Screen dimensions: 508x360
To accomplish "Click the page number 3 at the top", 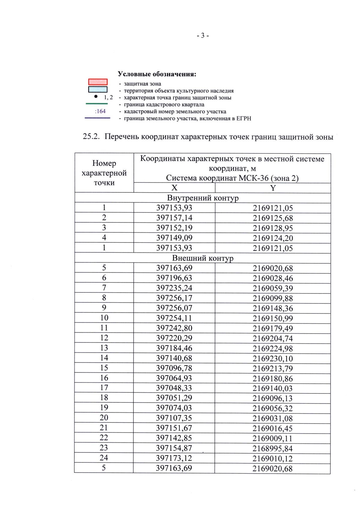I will point(203,36).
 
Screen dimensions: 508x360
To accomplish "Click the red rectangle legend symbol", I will point(98,82).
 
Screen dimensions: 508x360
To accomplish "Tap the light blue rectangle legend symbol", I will point(98,89).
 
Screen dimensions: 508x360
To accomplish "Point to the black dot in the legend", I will point(96,97).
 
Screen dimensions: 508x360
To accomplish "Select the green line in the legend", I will point(97,104).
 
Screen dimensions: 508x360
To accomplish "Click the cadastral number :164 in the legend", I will point(100,111).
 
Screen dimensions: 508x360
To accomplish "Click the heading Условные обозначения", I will point(157,74).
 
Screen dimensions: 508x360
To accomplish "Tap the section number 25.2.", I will point(91,137).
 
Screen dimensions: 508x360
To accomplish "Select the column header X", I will point(174,188).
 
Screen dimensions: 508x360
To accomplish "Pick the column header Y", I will point(273,188).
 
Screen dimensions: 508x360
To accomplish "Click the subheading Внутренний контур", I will point(203,198).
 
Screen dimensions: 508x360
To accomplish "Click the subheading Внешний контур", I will point(203,258).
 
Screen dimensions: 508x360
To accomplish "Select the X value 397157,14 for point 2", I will point(174,218).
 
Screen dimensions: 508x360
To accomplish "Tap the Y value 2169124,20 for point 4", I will point(273,238).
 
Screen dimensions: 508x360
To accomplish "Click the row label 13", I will point(104,348).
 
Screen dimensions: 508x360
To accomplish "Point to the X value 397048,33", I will point(174,388).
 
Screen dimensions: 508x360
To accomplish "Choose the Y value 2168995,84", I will point(272,449).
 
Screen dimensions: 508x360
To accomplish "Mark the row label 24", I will point(104,458).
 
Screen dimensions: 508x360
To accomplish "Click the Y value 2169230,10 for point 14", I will point(273,358).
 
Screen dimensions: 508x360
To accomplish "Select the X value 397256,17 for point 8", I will point(174,298).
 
